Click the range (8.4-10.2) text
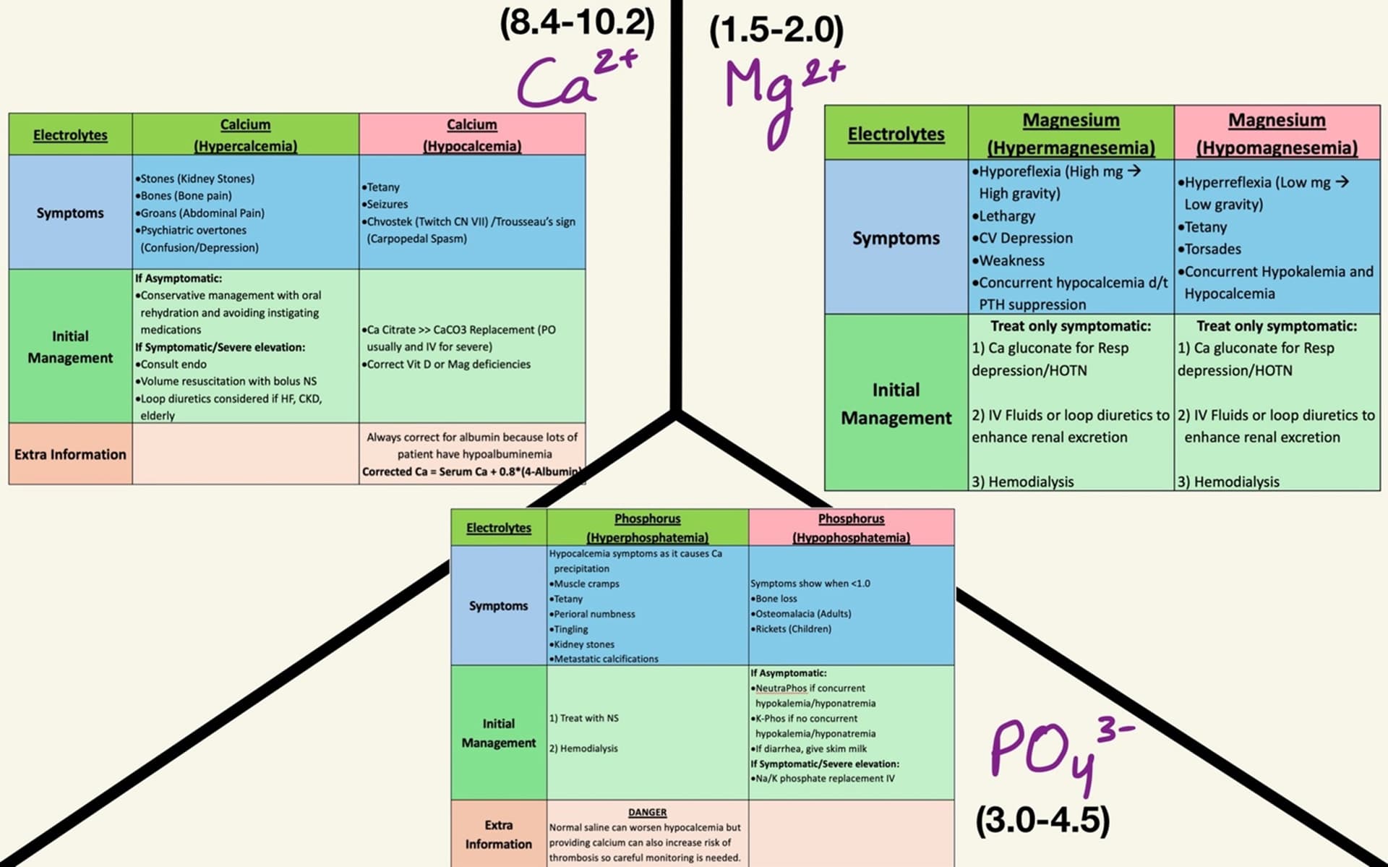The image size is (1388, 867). click(577, 23)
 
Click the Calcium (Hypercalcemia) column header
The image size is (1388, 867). click(245, 134)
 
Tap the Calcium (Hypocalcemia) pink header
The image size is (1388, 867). click(471, 134)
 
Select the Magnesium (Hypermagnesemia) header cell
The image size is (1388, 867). click(1071, 133)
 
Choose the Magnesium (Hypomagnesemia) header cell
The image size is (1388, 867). click(1277, 133)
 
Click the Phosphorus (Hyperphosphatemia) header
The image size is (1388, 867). click(647, 528)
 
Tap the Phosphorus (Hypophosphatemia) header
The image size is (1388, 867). click(851, 528)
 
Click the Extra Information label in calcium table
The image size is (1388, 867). click(70, 454)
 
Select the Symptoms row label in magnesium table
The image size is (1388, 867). click(896, 238)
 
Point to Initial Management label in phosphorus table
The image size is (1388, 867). click(498, 733)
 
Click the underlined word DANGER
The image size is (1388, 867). click(647, 812)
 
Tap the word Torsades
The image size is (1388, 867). click(1212, 249)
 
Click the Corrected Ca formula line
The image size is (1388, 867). click(472, 471)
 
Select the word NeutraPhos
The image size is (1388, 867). click(781, 688)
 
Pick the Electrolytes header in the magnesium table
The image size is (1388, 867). click(896, 134)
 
